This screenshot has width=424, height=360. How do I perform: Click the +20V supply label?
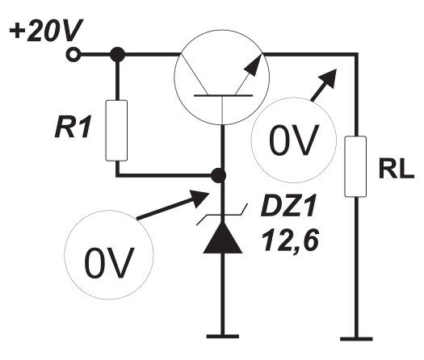click(x=46, y=31)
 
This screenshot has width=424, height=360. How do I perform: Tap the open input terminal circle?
click(x=73, y=55)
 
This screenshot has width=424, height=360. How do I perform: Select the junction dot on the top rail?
click(x=118, y=55)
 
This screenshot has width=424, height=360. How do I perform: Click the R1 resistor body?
click(x=116, y=131)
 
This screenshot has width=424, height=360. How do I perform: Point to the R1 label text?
click(x=73, y=127)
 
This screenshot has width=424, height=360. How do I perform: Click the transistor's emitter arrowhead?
click(x=254, y=65)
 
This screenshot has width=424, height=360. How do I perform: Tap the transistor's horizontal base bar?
click(x=224, y=95)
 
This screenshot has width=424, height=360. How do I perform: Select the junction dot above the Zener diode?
click(x=218, y=176)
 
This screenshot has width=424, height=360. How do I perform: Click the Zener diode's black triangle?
click(x=223, y=238)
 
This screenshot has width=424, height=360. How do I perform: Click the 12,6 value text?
click(x=290, y=240)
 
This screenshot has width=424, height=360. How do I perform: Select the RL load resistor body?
click(x=355, y=166)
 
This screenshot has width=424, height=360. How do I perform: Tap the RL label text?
click(x=397, y=169)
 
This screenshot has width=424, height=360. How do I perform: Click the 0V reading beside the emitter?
click(x=294, y=140)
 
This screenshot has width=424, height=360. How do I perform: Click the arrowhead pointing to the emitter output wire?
click(x=328, y=77)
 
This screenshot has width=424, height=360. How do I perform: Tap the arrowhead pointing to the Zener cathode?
click(x=199, y=198)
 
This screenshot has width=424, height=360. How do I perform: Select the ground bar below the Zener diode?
click(x=223, y=337)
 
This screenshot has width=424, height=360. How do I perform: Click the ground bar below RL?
click(x=356, y=339)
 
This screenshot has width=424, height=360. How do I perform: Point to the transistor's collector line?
click(x=194, y=74)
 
